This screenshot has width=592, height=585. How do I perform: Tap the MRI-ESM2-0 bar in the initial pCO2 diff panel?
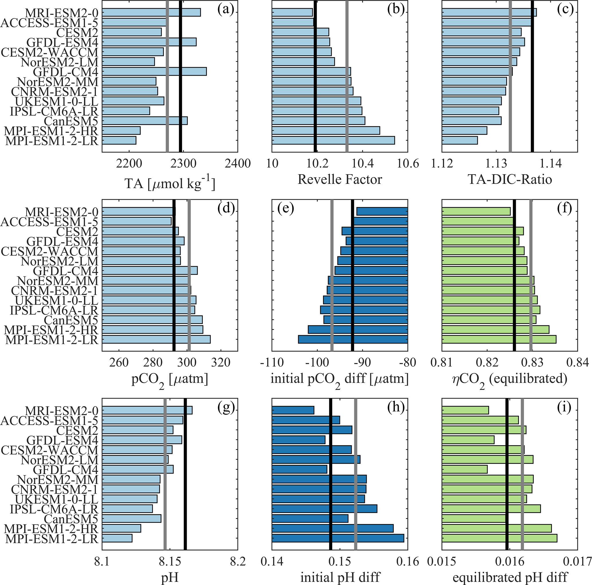tap(382, 211)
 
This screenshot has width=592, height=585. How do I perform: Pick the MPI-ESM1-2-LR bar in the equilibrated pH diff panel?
tap(499, 538)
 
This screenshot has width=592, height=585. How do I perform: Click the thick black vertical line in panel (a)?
tap(180, 76)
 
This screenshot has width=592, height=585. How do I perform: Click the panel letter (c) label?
tap(566, 10)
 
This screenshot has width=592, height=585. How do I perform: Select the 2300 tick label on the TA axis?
tap(184, 163)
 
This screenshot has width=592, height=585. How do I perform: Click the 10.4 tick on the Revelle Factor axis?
tap(363, 163)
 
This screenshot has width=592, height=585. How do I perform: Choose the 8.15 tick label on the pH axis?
tap(170, 562)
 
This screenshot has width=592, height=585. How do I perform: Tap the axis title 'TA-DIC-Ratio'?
tap(510, 179)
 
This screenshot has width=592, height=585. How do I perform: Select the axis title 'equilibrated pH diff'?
tap(510, 577)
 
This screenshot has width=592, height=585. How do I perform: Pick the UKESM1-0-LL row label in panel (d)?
tap(57, 300)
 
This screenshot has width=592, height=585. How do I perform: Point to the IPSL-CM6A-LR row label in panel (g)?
tap(54, 509)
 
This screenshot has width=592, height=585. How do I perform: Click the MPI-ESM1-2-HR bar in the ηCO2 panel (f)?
tap(495, 330)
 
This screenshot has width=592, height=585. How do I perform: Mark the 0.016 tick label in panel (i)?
tap(510, 562)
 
